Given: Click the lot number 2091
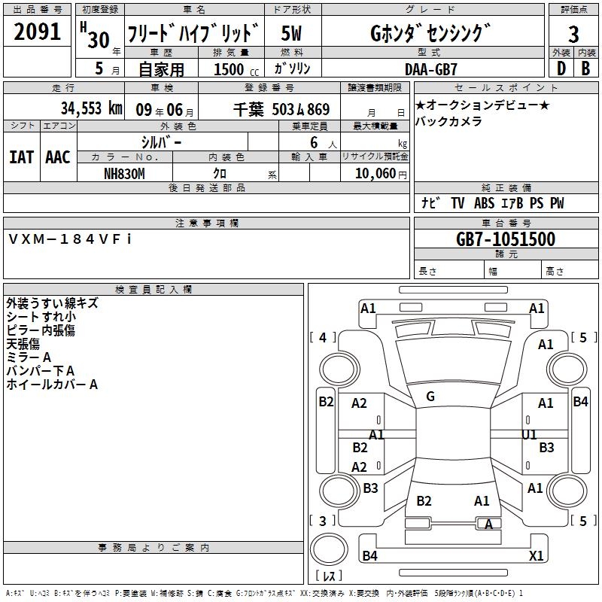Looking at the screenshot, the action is [37, 31].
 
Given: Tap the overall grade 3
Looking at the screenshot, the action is [573, 34].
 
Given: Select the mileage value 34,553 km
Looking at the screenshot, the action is [91, 108].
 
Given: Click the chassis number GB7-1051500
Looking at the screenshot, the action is [506, 239].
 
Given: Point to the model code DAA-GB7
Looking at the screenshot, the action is [430, 69].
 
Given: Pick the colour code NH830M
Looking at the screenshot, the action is [124, 174].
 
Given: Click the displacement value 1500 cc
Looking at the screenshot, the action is [236, 69].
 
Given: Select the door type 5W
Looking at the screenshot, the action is [291, 33].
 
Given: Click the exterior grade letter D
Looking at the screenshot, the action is [561, 68].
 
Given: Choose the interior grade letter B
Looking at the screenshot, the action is [585, 68].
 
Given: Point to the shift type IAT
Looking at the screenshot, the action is [22, 157].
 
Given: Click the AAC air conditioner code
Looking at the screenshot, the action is [58, 157].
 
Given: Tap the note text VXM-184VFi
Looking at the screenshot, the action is [70, 239].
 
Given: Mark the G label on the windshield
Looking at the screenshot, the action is [430, 397].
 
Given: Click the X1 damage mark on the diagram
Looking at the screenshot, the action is [536, 555].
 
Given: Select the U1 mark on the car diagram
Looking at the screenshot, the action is [529, 435].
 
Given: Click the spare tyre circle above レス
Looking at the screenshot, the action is [329, 549].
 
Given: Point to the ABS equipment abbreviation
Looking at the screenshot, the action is [484, 202].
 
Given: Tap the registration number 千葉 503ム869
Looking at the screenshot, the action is [281, 109].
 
